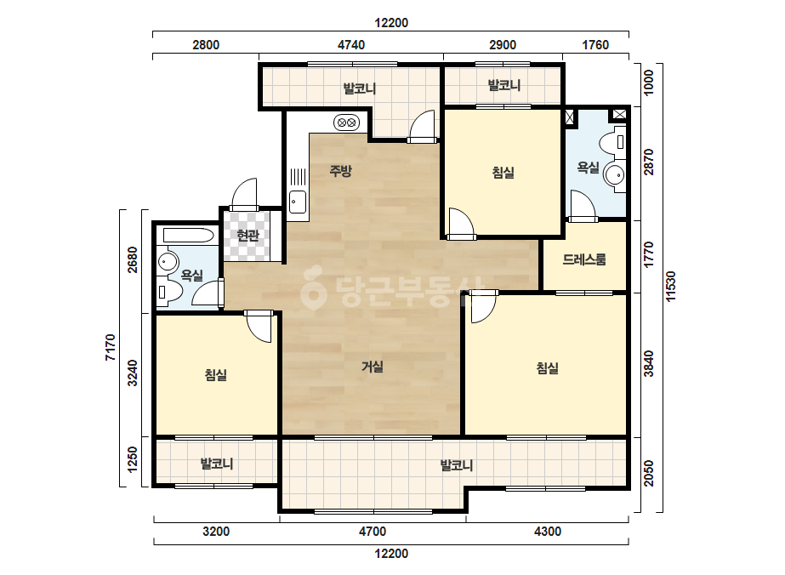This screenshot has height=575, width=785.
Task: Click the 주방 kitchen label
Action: click(340, 171)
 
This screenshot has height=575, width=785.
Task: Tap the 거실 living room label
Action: click(373, 367)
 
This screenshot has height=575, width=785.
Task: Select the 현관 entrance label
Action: click(247, 236)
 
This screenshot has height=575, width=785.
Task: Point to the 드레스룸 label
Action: click(584, 259)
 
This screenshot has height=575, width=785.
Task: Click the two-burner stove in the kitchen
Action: click(346, 122)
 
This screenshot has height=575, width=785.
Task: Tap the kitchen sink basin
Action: click(298, 202)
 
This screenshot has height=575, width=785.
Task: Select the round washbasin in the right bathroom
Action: click(614, 175)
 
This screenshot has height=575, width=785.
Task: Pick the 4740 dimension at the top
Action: click(351, 44)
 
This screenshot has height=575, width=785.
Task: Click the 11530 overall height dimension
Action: click(671, 286)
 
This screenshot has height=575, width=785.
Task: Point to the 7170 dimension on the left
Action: click(111, 348)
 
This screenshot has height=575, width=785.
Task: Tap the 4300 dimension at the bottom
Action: click(548, 531)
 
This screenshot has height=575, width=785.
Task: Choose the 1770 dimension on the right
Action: click(649, 254)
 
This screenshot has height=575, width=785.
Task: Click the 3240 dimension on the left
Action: click(132, 373)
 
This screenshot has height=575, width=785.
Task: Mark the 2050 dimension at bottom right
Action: click(649, 473)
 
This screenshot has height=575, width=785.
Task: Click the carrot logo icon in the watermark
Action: click(313, 288)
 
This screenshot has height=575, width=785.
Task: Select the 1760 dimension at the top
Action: click(595, 44)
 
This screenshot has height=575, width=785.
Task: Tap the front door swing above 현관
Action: click(244, 194)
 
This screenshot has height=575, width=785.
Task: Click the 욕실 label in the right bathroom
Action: click(589, 167)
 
